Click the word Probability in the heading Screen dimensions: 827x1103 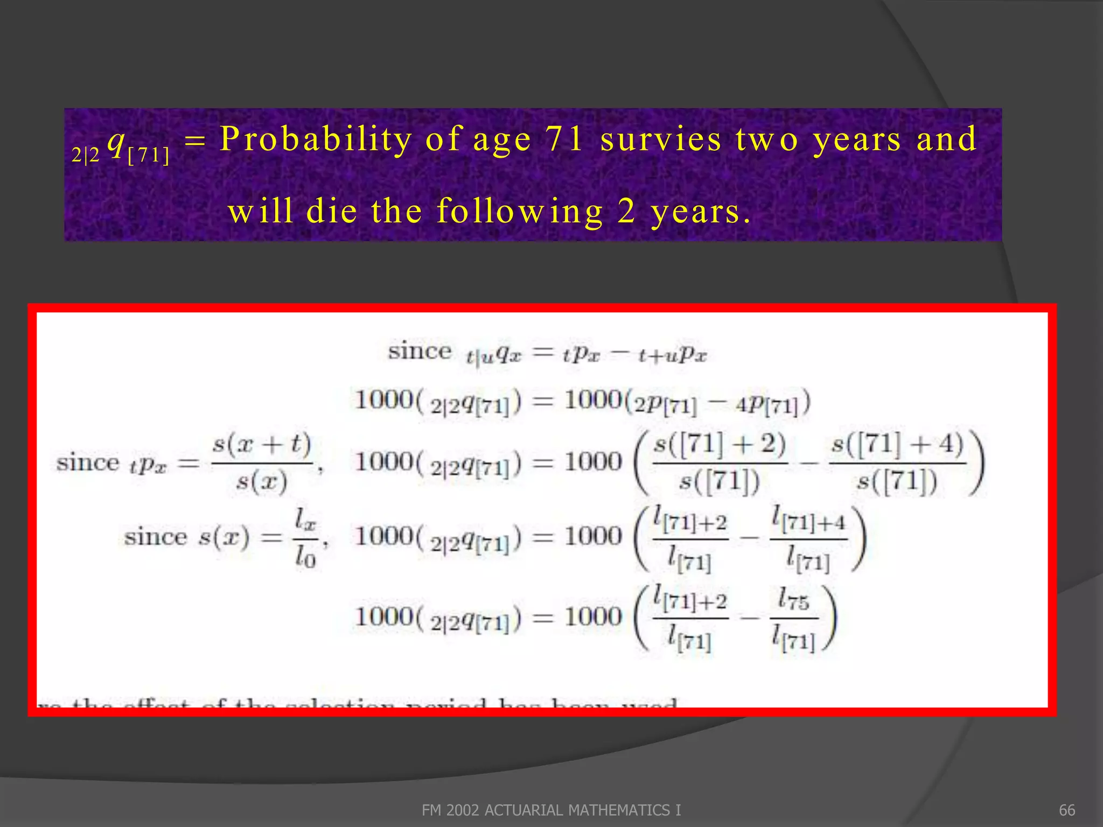point(316,139)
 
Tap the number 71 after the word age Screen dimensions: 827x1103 point(564,139)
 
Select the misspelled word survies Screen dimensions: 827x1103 point(660,139)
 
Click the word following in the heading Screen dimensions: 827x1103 point(520,211)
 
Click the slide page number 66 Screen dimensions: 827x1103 point(1066,810)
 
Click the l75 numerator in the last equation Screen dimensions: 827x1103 point(793,599)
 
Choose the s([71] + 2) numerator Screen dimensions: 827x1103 point(720,445)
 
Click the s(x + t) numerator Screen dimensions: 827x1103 point(262,445)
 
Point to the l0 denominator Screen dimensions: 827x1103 point(305,558)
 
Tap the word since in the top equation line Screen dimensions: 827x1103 point(420,352)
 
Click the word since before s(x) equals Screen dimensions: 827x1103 point(155,537)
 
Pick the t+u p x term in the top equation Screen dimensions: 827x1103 point(672,355)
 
